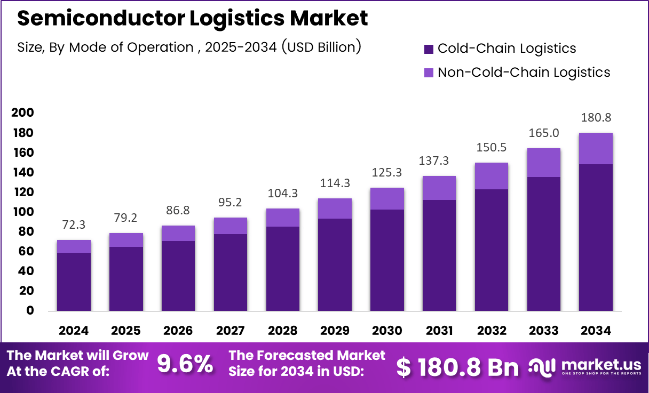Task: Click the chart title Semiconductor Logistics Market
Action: click(193, 19)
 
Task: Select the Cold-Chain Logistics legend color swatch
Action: click(429, 49)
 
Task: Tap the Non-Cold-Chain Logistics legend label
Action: click(524, 73)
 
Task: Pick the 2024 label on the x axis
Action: click(74, 331)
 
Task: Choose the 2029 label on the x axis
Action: click(335, 331)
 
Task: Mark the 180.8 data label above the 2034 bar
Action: click(596, 118)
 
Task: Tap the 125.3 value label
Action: click(387, 173)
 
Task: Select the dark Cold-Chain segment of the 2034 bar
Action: click(596, 237)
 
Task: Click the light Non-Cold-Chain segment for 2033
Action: click(543, 163)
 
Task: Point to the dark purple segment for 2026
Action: click(178, 276)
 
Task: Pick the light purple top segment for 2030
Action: click(387, 198)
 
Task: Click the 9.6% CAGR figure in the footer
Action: click(184, 364)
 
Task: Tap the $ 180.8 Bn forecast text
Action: click(457, 367)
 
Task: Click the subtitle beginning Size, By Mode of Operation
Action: click(189, 47)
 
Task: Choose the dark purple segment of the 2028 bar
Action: click(282, 269)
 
